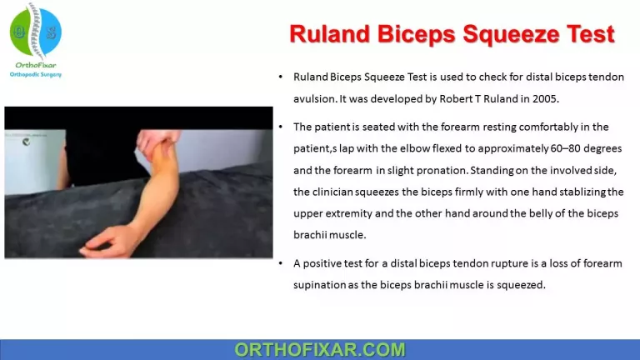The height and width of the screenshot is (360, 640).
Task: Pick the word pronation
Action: tap(444, 170)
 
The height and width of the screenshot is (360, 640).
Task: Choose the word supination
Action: tap(322, 285)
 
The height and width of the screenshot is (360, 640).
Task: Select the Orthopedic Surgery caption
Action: tap(35, 74)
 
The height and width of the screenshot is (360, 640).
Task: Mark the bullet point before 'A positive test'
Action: tap(282, 263)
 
